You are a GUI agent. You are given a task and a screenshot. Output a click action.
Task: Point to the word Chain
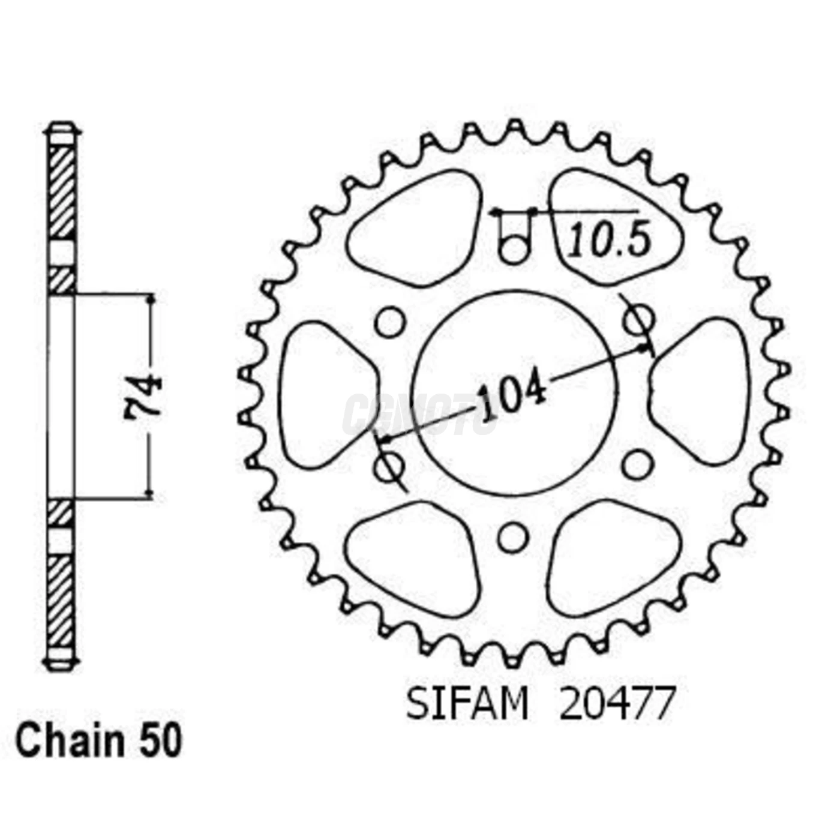(69, 741)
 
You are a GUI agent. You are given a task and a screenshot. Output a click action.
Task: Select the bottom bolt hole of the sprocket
(513, 538)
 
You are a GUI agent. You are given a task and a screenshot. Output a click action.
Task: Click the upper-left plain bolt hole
(390, 322)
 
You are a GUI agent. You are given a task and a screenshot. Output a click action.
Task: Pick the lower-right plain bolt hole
(638, 464)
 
